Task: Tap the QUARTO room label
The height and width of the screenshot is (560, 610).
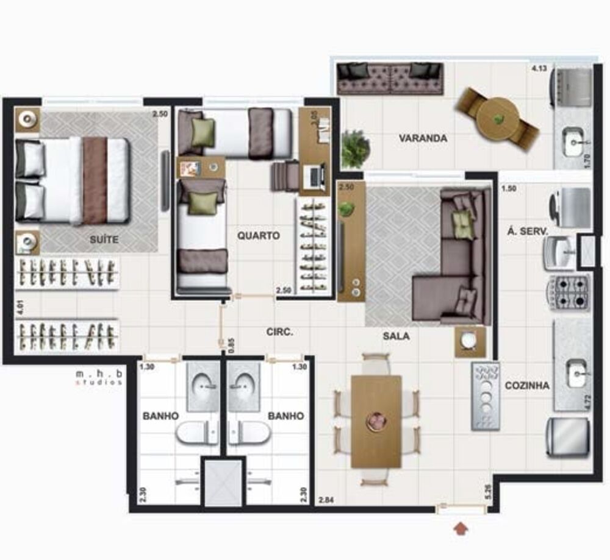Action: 259,235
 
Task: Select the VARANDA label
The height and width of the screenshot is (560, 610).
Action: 423,138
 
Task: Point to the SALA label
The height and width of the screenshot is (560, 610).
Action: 396,336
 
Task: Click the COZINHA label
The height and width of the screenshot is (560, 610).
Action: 527,385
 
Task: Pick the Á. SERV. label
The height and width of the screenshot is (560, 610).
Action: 528,231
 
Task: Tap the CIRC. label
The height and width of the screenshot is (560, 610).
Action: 280,332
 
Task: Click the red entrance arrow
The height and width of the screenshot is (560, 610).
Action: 461,527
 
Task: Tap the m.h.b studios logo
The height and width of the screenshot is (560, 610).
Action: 98,377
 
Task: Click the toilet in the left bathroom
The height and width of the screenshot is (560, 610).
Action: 196,433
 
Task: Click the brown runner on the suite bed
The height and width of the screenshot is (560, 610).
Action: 95,180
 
